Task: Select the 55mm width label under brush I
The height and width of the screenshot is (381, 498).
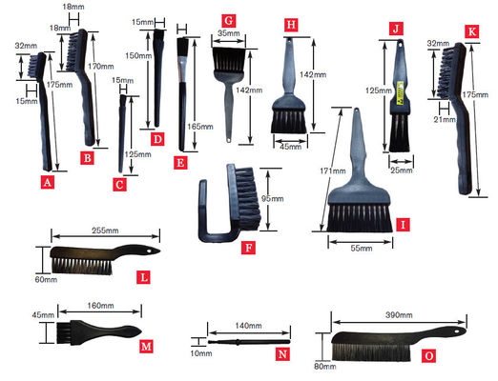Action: pos(359,246)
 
